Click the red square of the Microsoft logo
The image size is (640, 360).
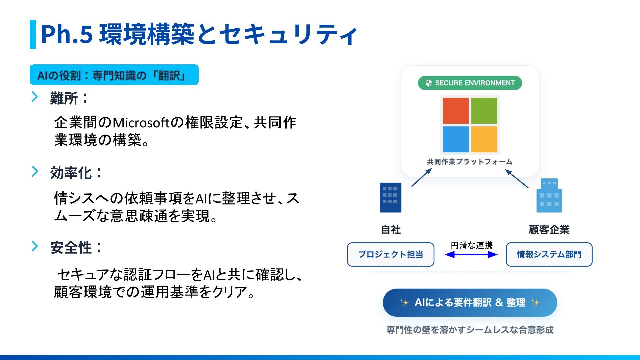[455, 111]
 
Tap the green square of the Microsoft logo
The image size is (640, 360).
[484, 111]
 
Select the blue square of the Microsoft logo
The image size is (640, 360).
[455, 139]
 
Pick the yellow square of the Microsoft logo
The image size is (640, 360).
[484, 139]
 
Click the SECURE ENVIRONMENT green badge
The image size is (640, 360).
[470, 83]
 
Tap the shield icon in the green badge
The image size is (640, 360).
[429, 83]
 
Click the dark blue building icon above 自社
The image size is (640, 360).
[391, 197]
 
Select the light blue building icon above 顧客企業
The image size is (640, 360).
[549, 196]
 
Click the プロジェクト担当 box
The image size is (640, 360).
[391, 254]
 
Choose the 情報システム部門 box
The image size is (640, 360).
[549, 254]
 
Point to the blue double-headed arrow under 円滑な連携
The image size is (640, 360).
[471, 255]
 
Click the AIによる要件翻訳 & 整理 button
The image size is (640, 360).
[470, 303]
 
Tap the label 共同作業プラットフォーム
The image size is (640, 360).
[470, 162]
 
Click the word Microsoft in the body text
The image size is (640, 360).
[141, 123]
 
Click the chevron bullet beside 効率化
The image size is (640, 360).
[35, 171]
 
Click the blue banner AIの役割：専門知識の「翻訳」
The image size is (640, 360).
[114, 75]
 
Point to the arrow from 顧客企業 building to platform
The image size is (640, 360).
[517, 179]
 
